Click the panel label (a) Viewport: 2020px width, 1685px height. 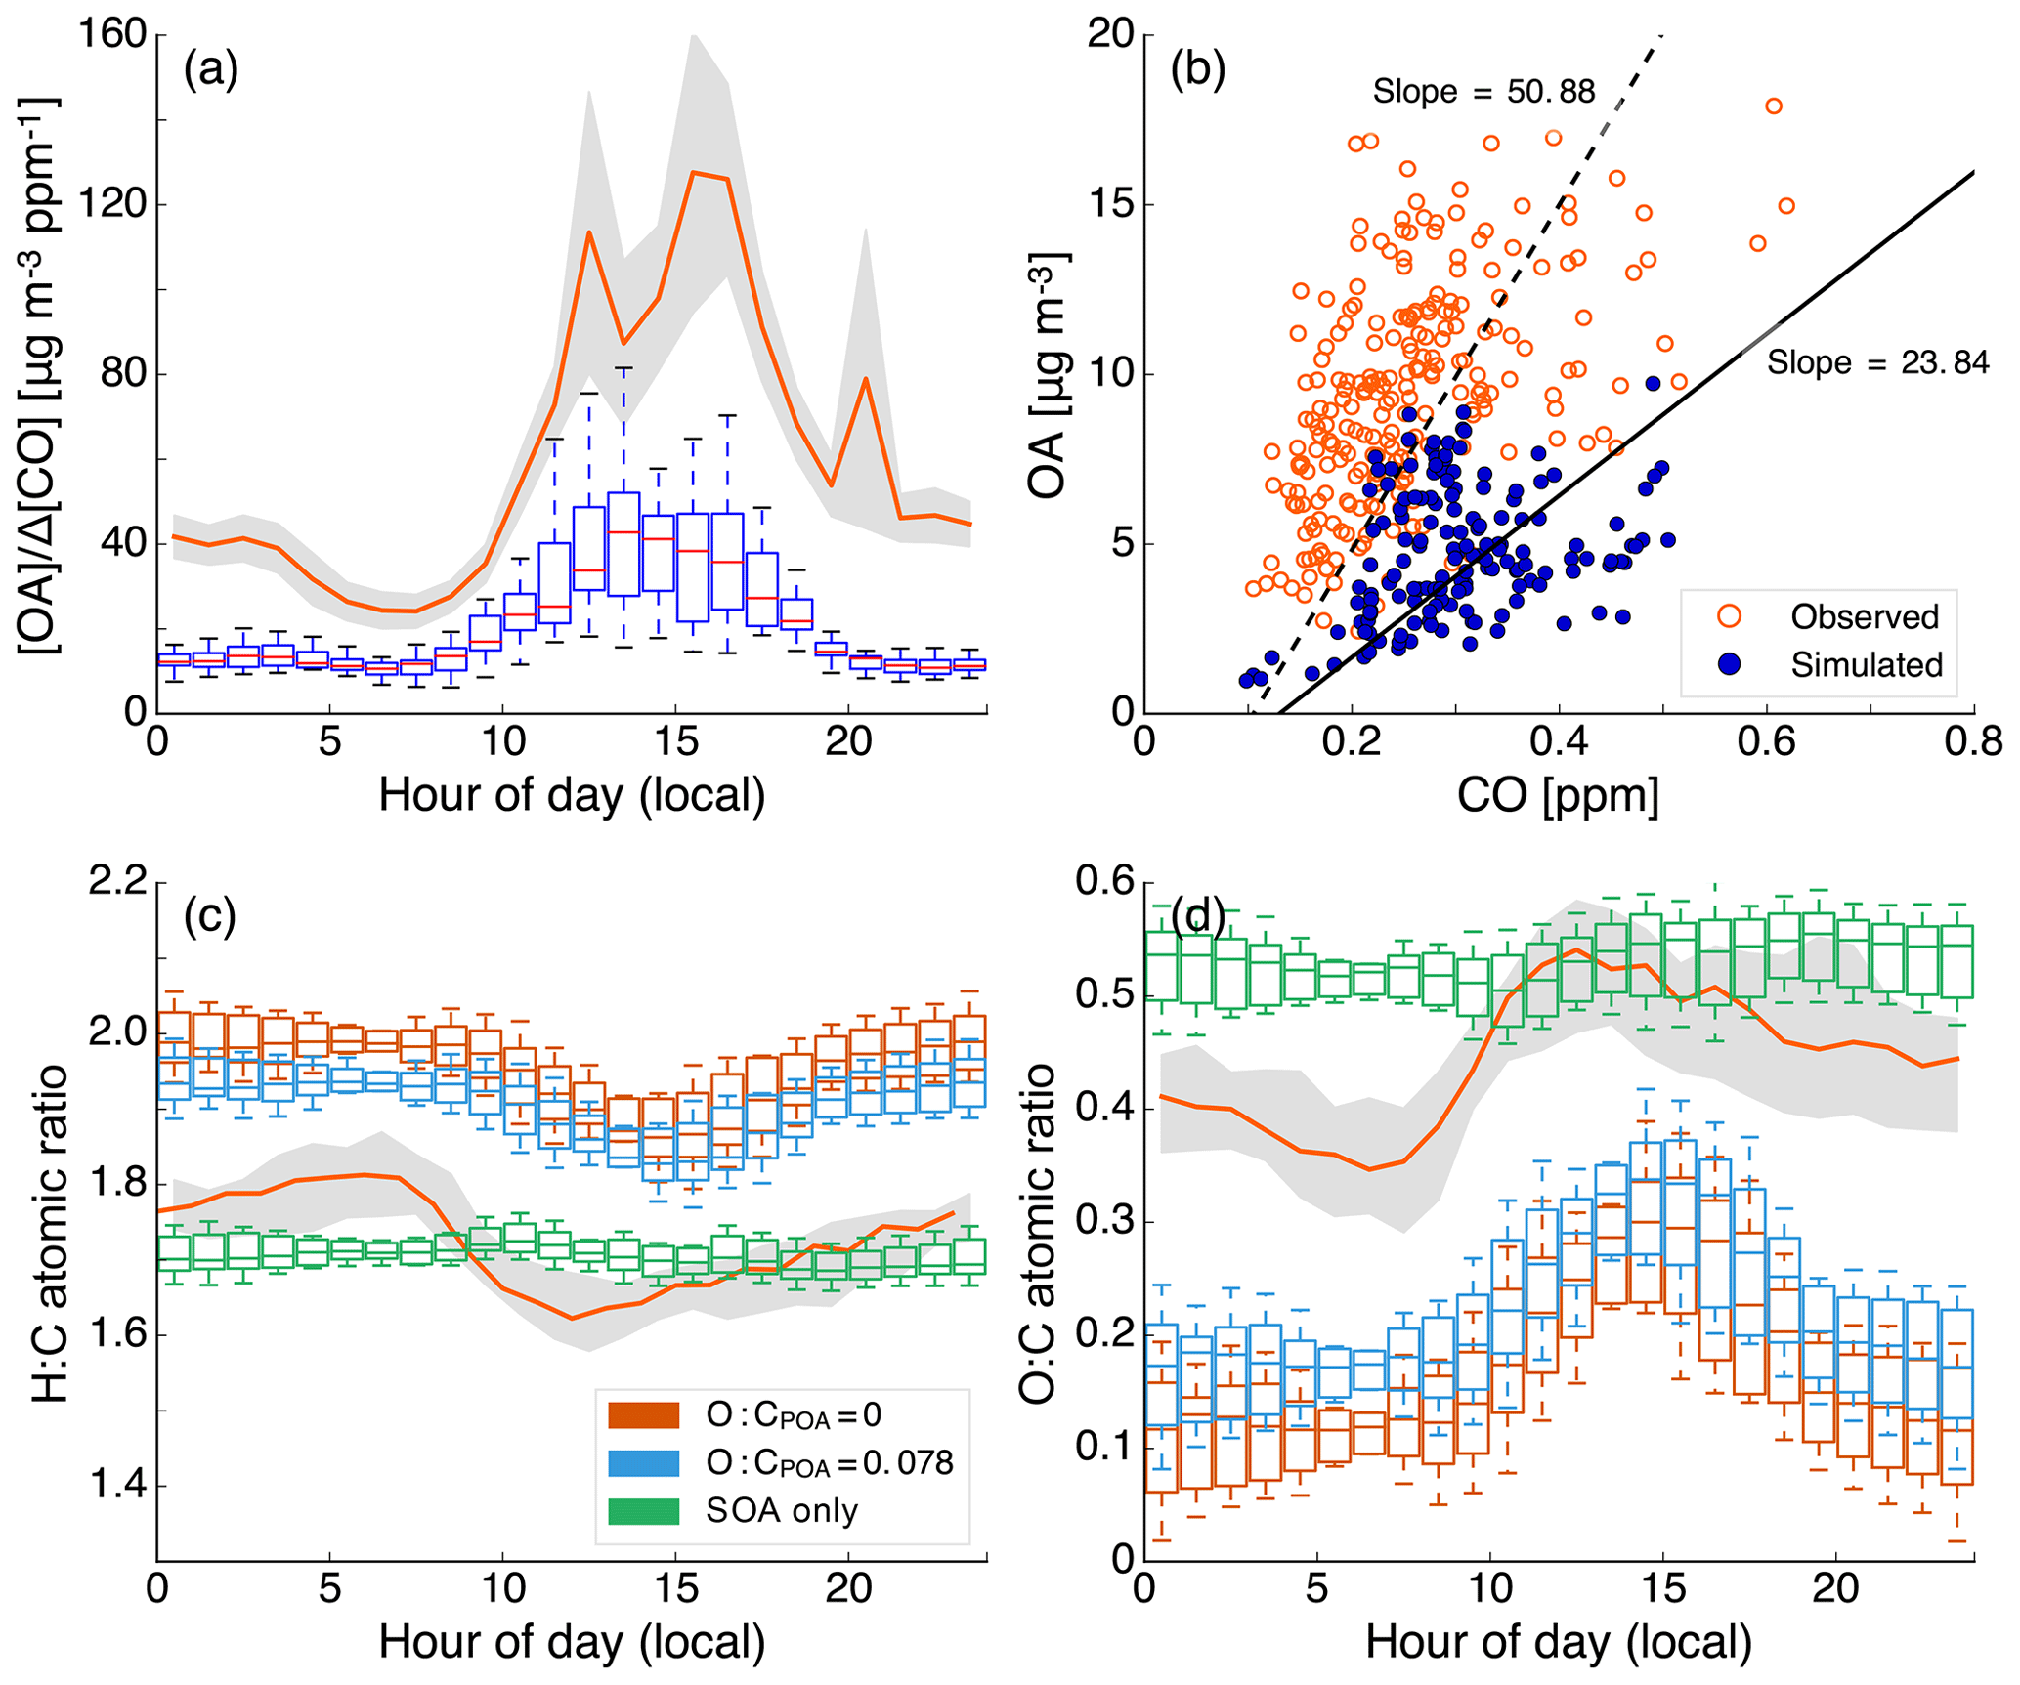click(211, 71)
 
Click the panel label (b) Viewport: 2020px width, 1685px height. click(1198, 71)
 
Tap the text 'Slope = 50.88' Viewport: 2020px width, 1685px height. click(1483, 92)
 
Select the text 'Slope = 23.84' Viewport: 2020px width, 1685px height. click(1877, 363)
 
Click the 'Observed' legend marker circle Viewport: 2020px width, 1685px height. click(1729, 616)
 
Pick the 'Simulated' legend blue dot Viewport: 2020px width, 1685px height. click(1729, 664)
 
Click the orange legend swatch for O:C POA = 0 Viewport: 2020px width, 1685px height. click(643, 1415)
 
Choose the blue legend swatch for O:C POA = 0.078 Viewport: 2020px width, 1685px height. click(643, 1462)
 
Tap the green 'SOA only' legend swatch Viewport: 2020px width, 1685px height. click(643, 1510)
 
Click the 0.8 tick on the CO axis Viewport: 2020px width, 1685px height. click(1973, 742)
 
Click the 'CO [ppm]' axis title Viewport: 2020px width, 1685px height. click(1558, 796)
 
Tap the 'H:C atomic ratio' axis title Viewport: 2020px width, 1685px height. click(51, 1233)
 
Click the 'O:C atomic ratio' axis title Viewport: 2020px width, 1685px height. click(1038, 1233)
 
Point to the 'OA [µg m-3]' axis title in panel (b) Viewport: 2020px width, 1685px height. click(1048, 375)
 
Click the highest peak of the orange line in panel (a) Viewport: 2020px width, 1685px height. click(693, 173)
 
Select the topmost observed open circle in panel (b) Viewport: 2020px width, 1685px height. click(1773, 106)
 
